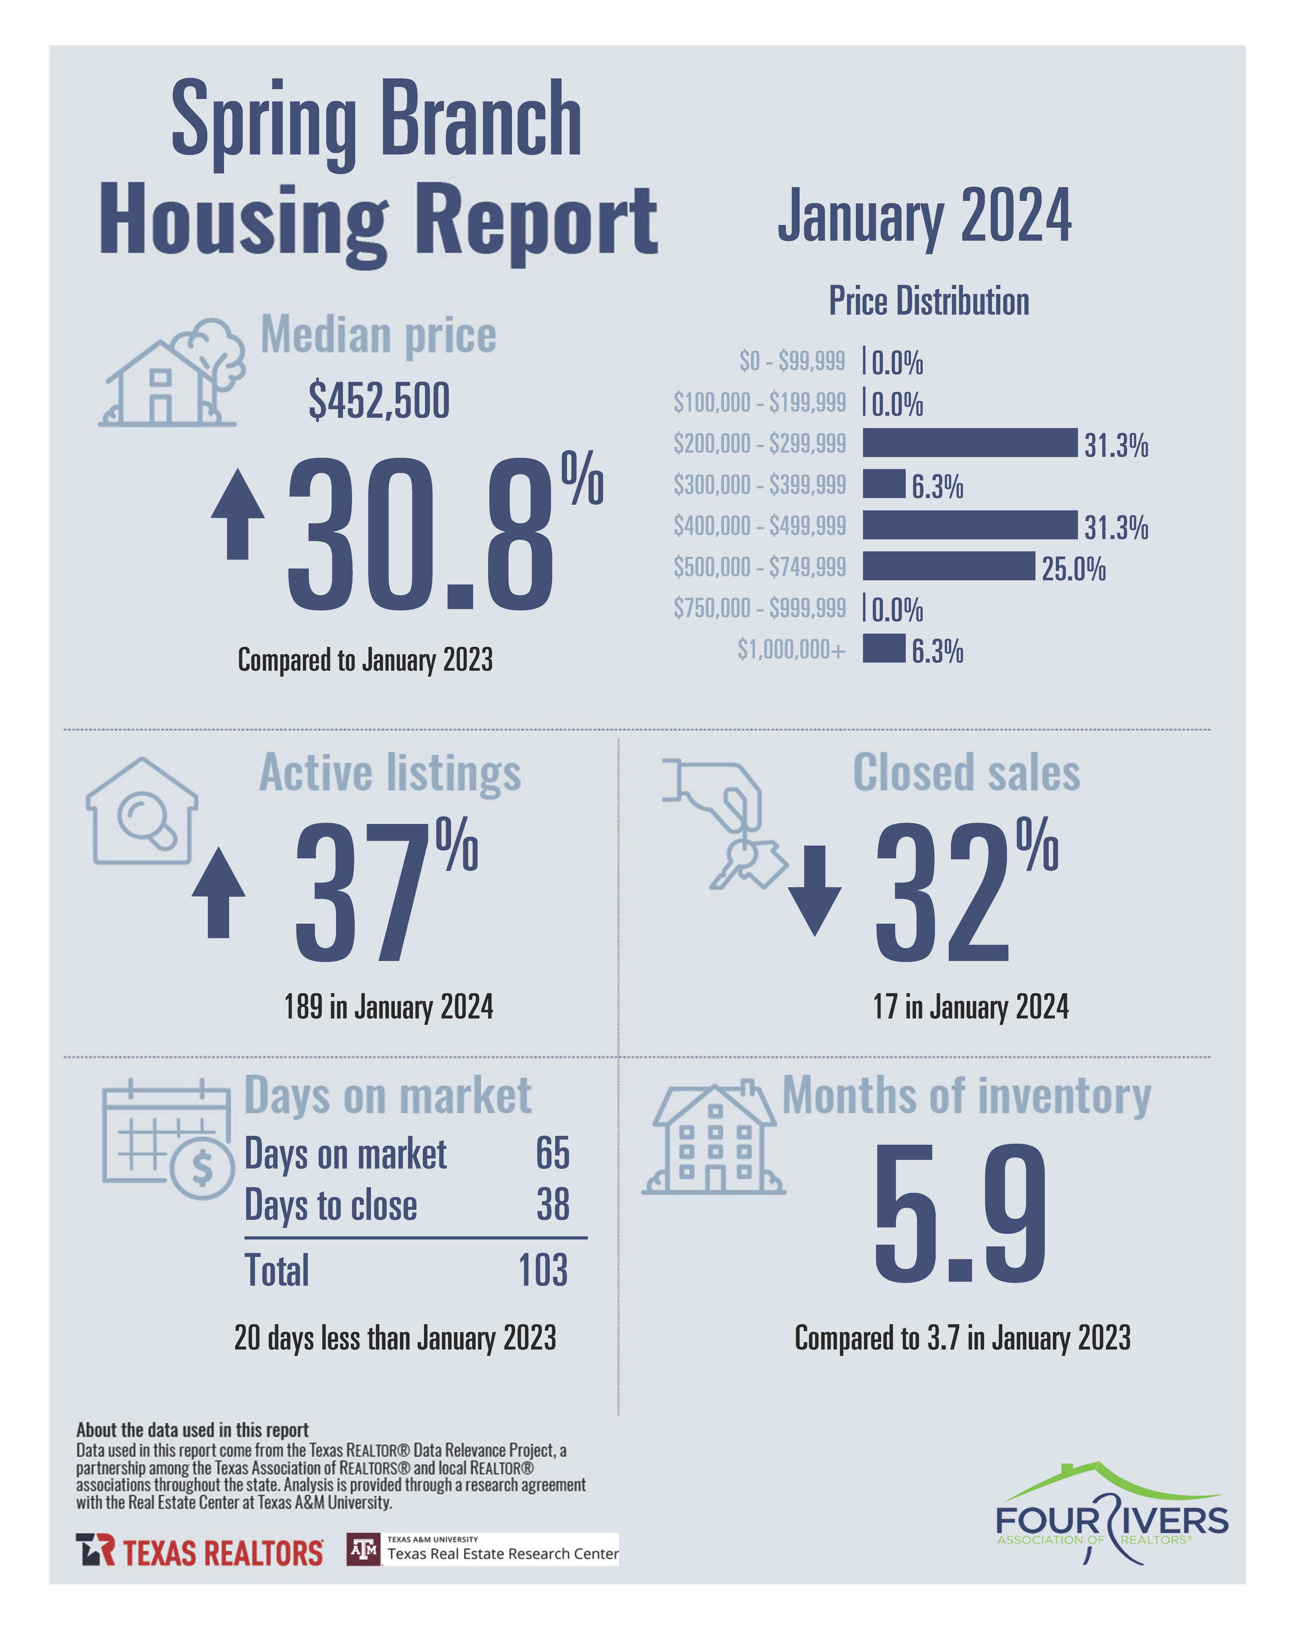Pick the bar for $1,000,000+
point(884,648)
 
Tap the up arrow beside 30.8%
point(238,514)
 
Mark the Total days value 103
point(543,1270)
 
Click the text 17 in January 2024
point(971,1006)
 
